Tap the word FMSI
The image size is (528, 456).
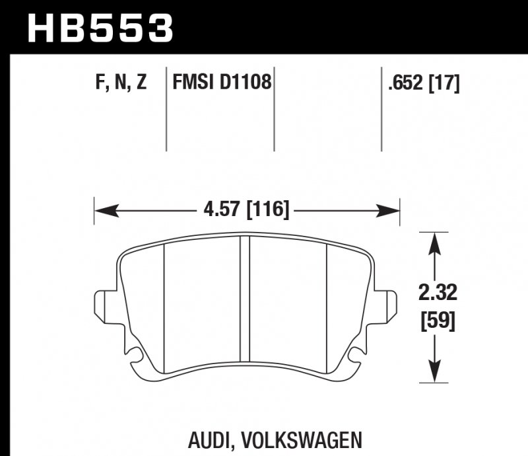pos(193,84)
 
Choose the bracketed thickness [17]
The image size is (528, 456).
pos(444,84)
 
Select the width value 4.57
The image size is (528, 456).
pos(220,211)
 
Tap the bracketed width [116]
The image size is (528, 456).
pos(267,211)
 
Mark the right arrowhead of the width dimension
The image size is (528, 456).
pos(391,211)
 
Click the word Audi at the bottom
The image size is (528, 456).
pos(213,439)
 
